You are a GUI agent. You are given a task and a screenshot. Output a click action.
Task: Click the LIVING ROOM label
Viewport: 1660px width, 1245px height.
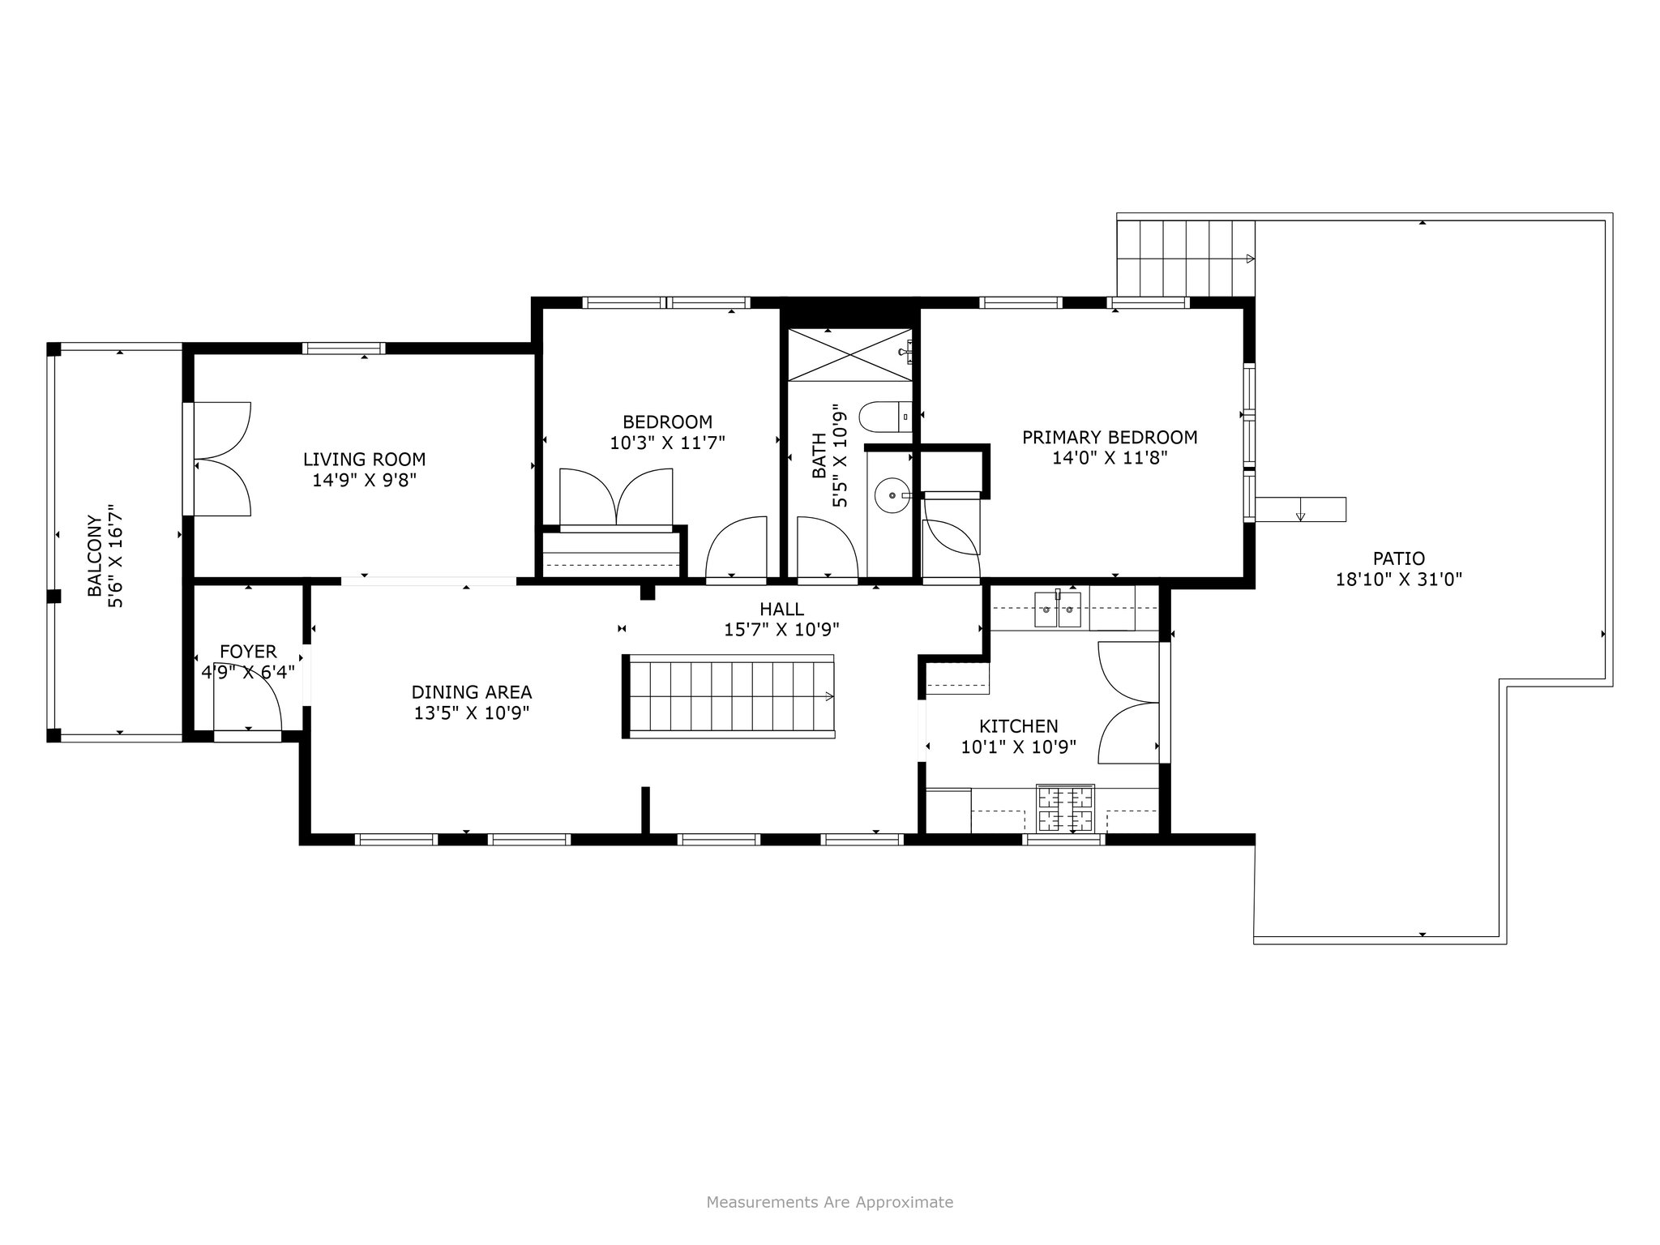(364, 460)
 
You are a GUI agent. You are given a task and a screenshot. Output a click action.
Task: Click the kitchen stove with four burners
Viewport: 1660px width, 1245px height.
(1066, 808)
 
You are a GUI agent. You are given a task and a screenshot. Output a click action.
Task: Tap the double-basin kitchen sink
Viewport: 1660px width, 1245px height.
(1057, 610)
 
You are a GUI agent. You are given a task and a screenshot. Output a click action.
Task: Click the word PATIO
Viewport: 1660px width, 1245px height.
(1399, 558)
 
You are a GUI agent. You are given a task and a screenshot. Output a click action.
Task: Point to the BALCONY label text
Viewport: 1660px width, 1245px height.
(96, 557)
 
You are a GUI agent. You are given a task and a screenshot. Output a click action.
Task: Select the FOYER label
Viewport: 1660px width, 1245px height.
(248, 652)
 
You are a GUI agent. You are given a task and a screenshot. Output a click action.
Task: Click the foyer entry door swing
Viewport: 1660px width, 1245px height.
(247, 696)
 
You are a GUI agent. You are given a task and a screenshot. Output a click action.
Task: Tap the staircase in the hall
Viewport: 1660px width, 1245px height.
(729, 696)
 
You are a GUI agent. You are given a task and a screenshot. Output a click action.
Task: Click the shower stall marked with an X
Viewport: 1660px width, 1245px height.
(850, 354)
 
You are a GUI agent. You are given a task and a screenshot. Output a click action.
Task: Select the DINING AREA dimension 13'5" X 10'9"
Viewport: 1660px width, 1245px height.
(472, 713)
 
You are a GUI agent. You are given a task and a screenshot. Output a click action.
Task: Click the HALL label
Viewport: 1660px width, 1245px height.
(781, 609)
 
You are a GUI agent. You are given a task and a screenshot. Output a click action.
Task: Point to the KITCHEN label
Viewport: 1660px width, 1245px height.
(1019, 726)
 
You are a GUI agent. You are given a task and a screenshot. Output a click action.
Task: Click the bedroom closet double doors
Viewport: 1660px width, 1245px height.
(617, 497)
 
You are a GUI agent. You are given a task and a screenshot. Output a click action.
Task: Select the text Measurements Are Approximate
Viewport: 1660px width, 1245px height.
(830, 1202)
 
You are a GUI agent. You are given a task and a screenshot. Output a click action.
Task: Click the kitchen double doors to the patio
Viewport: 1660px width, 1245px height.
(1128, 702)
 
